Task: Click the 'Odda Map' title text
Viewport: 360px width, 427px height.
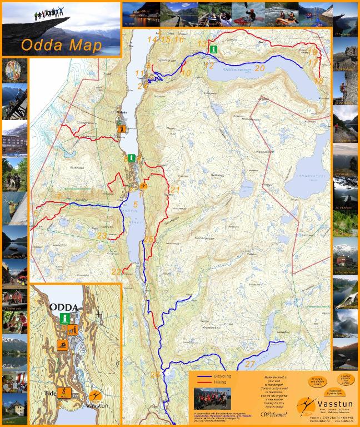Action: (61, 45)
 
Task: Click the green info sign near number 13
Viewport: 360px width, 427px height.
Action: (213, 49)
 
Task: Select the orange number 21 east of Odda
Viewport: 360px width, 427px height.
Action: (175, 190)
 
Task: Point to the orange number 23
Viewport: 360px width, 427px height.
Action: (102, 236)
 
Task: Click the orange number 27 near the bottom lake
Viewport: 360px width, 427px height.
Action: (250, 364)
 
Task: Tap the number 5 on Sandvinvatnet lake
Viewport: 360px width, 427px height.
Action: (135, 205)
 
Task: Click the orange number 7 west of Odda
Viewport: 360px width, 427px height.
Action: (58, 196)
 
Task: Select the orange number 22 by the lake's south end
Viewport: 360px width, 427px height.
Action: (116, 271)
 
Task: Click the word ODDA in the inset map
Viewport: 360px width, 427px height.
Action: (64, 307)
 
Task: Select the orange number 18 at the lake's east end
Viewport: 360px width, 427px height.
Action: (318, 81)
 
